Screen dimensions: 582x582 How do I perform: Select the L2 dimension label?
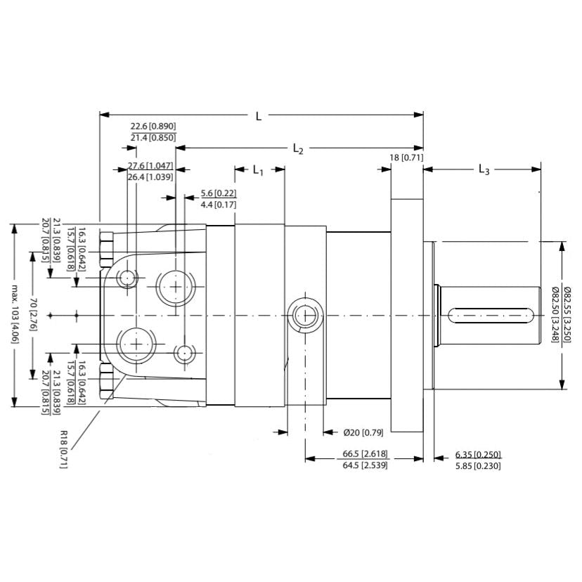pos(297,149)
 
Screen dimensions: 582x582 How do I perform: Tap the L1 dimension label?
pos(258,171)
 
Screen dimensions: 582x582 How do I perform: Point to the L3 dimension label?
pos(484,169)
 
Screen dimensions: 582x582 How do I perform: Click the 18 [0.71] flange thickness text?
pos(407,157)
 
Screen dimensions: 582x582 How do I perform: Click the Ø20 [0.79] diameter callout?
pos(363,432)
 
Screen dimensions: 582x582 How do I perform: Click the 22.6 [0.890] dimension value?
pos(153,126)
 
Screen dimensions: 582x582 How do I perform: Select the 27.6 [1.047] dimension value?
pos(150,166)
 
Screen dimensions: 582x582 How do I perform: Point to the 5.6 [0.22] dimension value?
pos(218,193)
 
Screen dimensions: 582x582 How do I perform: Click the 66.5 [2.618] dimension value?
pos(365,453)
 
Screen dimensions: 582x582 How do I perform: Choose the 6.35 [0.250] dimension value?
pos(478,454)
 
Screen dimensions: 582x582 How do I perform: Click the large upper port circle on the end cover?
pos(174,286)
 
